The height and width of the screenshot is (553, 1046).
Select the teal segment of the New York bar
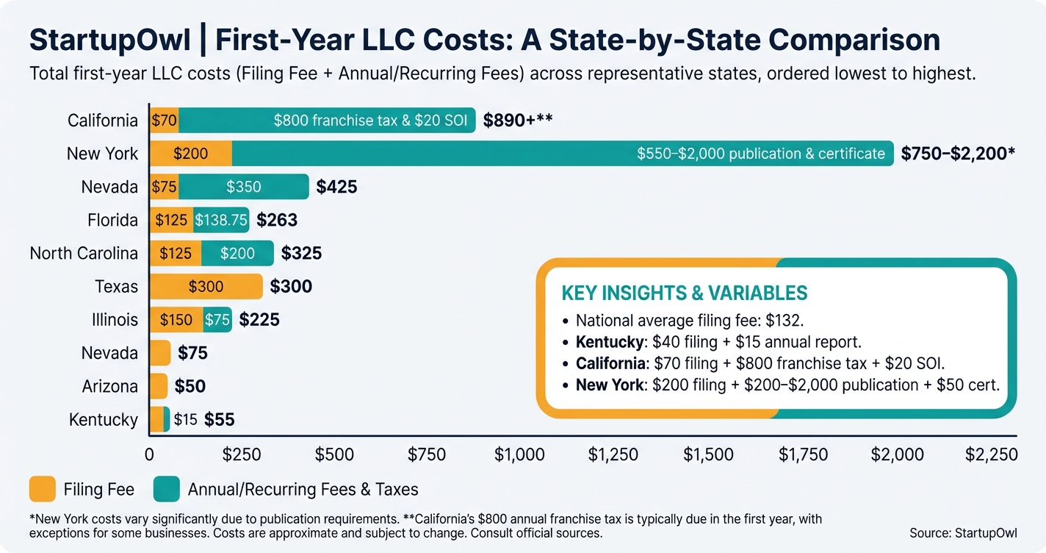pos(562,154)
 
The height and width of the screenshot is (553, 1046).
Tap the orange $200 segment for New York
pos(190,154)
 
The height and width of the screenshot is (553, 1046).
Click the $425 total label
pos(336,187)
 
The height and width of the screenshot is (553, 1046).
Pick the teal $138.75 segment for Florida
pos(220,220)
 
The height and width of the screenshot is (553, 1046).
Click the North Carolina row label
pos(84,253)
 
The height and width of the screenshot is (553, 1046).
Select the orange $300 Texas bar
pos(206,287)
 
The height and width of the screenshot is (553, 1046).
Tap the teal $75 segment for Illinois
pos(217,320)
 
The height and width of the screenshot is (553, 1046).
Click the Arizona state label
pos(109,386)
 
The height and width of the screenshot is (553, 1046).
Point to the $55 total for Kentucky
pos(219,420)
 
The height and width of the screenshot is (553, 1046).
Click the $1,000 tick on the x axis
pos(519,454)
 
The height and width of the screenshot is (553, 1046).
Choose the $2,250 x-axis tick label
pos(992,454)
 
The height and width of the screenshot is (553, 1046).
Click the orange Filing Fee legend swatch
pos(43,489)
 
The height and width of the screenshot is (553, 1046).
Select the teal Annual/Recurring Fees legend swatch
pos(167,489)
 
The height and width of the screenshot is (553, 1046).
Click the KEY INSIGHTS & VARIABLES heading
pos(684,293)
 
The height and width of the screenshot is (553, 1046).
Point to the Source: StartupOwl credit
pos(963,533)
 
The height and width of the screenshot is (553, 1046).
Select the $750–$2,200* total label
pos(958,154)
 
